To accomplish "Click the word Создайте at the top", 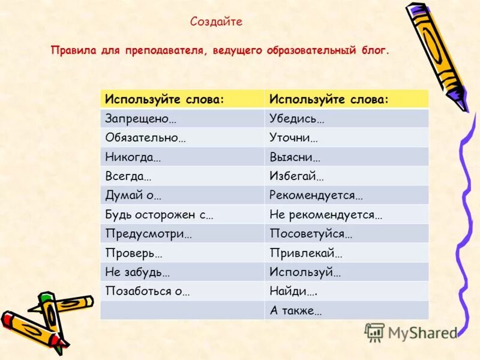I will click(x=216, y=22).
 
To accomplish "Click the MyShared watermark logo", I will click(x=411, y=332).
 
